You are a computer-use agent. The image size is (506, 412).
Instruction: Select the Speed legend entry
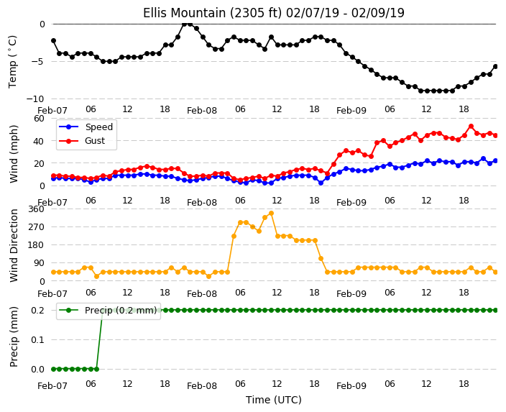(86, 127)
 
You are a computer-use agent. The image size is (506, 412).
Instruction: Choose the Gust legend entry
(82, 141)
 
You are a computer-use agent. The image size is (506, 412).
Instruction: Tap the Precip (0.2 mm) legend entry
(108, 311)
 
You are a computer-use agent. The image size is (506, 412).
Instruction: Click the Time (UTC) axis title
(274, 400)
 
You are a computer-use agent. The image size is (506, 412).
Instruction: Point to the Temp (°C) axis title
(13, 62)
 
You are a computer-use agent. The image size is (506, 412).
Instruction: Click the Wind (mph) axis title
(14, 154)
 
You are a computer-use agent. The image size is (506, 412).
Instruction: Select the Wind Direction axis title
(14, 246)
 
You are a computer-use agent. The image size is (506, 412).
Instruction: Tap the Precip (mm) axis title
(14, 337)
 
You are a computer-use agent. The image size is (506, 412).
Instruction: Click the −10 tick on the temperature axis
(35, 99)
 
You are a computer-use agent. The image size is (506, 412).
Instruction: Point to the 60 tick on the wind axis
(39, 119)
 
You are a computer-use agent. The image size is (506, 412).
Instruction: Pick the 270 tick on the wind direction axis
(37, 227)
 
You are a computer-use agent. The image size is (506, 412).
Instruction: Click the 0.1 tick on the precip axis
(38, 339)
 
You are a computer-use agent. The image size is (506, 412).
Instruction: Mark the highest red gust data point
(471, 127)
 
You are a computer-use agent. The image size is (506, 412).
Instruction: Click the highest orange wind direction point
(271, 214)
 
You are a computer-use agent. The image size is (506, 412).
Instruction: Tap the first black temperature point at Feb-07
(54, 41)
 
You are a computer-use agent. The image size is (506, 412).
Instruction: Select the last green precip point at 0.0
(97, 369)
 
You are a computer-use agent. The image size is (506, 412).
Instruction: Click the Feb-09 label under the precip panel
(351, 386)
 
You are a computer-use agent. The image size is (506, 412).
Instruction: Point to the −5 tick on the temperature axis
(38, 61)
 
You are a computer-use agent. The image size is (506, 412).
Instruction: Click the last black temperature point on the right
(496, 67)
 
